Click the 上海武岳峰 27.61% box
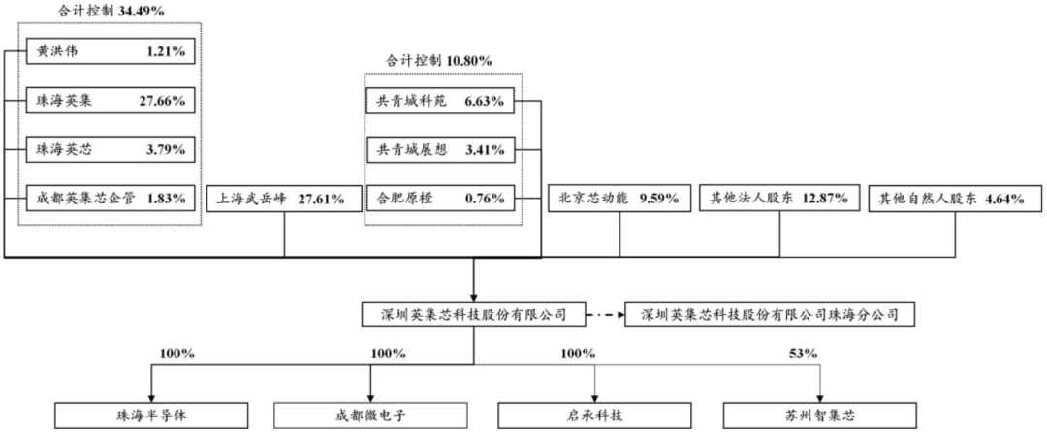tap(284, 200)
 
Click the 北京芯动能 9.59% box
tap(619, 200)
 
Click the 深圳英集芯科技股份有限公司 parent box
tap(473, 315)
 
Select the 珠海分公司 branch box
tap(769, 315)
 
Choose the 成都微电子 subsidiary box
tap(373, 416)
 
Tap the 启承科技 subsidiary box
tap(595, 416)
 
